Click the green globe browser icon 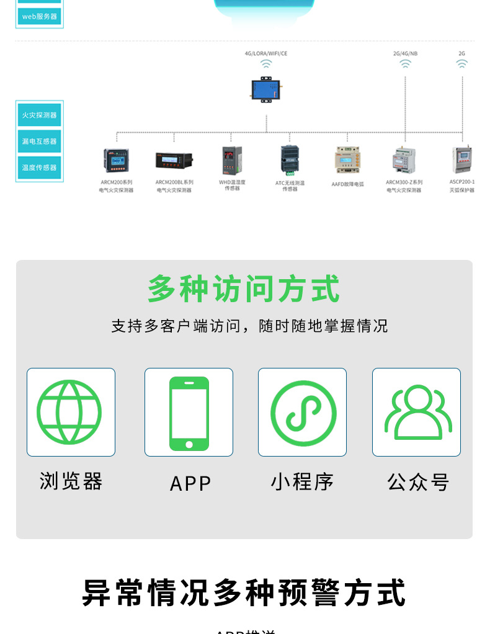click(69, 412)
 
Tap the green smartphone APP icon click(189, 413)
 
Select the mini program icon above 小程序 click(303, 413)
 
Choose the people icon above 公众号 click(417, 413)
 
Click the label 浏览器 click(71, 481)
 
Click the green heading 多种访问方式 click(244, 290)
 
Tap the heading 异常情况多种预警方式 click(244, 592)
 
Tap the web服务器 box click(40, 16)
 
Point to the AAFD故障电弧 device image click(347, 160)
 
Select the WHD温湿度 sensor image click(232, 159)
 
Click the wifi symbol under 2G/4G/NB click(405, 64)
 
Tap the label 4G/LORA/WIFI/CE click(266, 53)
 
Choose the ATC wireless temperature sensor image click(290, 159)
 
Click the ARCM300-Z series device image click(404, 160)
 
